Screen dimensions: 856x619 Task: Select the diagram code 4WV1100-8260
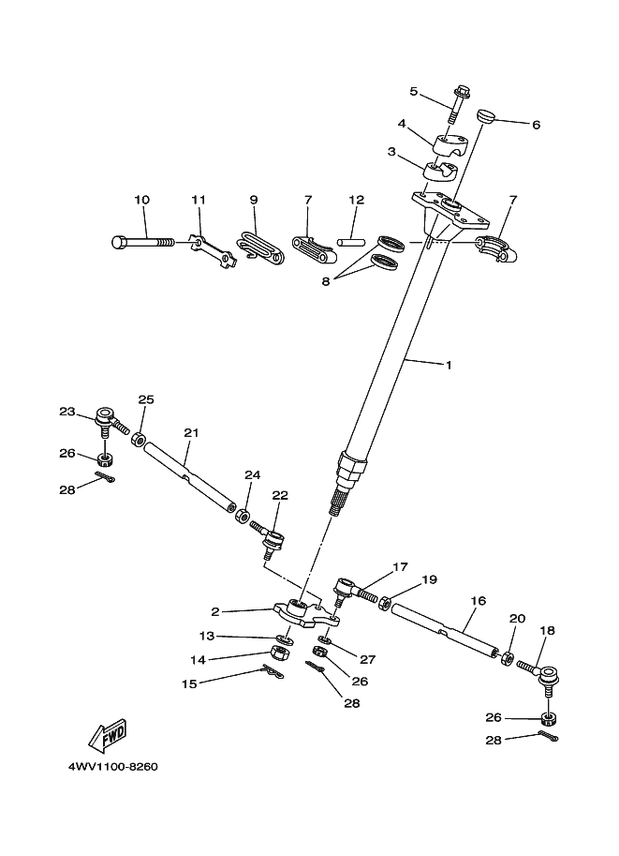tap(112, 766)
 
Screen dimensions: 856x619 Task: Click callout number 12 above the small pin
tap(356, 200)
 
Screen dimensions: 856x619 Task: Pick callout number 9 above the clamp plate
tap(253, 200)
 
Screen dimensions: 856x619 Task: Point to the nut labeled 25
tap(138, 439)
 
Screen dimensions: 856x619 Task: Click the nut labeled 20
tap(508, 657)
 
